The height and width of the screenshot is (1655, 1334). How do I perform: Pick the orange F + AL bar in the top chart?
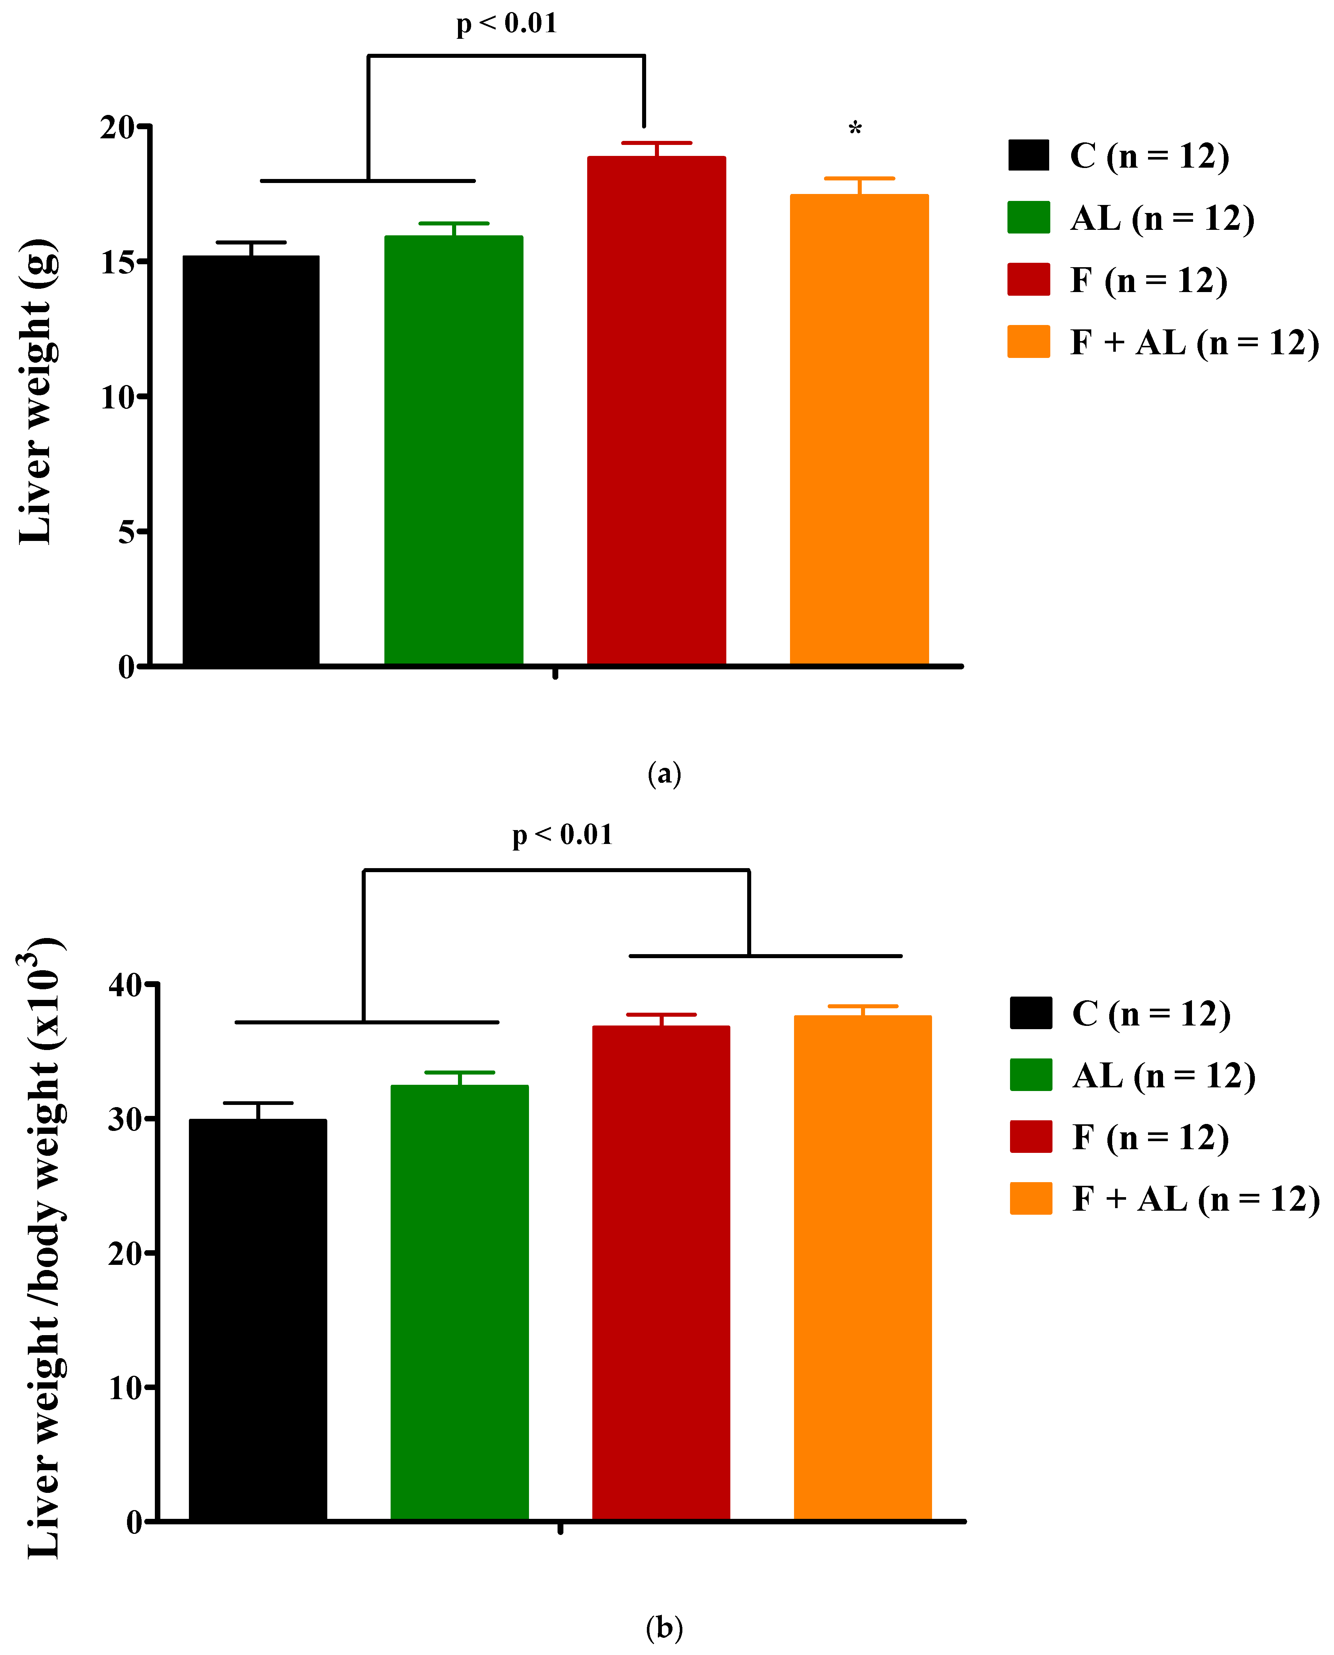[859, 430]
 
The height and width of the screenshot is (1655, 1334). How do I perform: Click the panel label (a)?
[664, 774]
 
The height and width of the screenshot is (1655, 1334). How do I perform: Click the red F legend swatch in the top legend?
[1028, 280]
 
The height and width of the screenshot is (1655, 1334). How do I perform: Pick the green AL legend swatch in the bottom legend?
[1031, 1075]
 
